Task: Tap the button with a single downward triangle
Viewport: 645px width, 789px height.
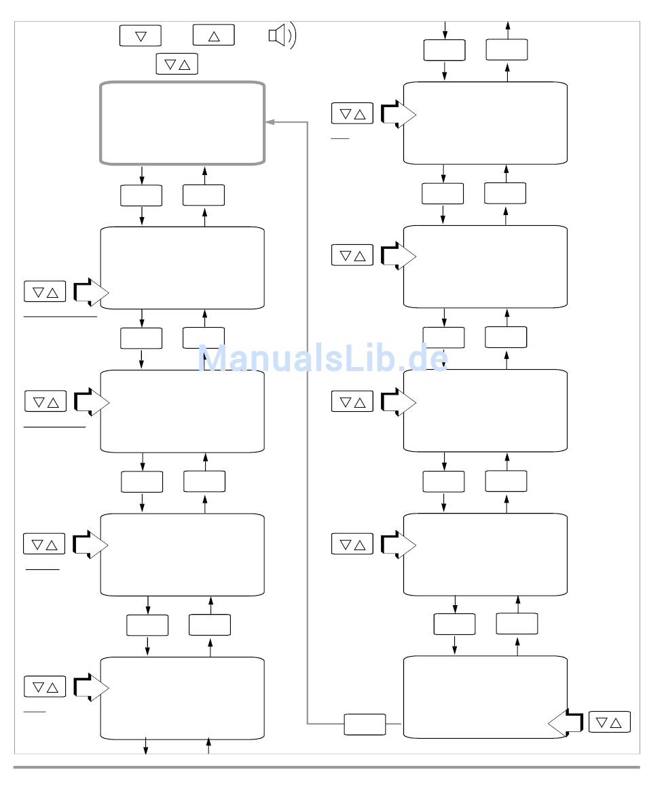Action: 140,35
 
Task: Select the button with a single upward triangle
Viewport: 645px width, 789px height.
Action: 213,35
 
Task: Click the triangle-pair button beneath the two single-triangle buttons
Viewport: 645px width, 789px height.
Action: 177,64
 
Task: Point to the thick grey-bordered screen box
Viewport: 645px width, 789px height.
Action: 182,123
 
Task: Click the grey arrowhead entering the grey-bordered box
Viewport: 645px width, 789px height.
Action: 269,122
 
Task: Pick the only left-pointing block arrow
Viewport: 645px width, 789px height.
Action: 565,723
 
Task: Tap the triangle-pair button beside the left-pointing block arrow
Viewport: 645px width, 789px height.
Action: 609,723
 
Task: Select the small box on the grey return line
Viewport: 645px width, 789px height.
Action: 365,724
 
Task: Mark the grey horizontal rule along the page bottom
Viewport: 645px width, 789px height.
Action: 326,767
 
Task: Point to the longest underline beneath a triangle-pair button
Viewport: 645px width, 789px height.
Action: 60,316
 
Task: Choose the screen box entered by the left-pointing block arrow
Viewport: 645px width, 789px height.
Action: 485,697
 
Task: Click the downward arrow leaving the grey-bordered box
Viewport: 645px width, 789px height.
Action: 142,174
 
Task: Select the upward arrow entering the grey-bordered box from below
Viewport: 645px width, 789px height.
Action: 204,174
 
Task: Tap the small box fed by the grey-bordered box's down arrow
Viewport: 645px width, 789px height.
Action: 141,195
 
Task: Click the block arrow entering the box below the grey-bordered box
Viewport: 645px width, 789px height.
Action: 91,292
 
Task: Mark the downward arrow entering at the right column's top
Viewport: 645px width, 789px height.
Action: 445,29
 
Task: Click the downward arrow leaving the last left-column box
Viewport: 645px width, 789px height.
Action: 145,746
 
